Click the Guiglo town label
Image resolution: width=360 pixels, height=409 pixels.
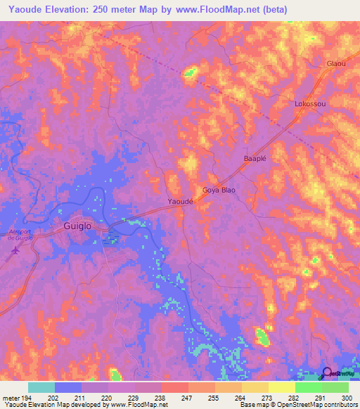pos(77,227)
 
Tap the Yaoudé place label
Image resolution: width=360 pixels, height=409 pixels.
pos(181,202)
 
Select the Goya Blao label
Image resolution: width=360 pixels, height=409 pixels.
pos(219,190)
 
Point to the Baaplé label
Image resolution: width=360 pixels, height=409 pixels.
pos(255,159)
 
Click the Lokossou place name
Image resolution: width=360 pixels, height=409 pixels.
pos(310,104)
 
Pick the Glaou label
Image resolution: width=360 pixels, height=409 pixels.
pos(336,63)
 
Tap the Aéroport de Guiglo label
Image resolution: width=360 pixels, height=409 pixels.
pos(18,235)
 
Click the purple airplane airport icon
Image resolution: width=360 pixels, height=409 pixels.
pos(12,253)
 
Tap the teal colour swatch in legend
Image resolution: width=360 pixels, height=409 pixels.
pos(41,387)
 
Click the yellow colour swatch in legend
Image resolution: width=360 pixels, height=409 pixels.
pos(281,387)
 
